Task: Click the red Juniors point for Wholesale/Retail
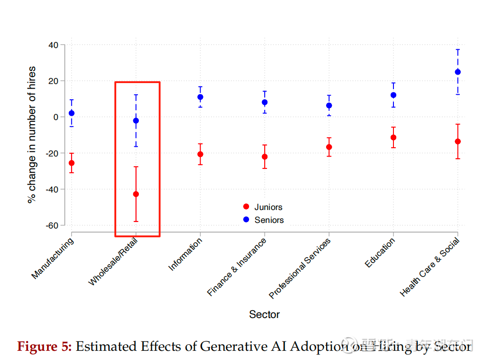click(x=136, y=194)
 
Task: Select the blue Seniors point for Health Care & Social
click(x=458, y=72)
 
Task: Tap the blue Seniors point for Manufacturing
click(x=71, y=113)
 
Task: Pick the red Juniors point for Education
click(x=393, y=138)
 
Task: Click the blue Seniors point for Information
click(x=200, y=97)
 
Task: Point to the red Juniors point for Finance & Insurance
click(x=265, y=157)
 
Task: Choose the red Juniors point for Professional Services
click(x=329, y=147)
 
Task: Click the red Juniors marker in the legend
click(x=246, y=207)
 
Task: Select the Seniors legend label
click(x=269, y=220)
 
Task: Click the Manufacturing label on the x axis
click(x=53, y=258)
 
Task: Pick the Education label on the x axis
click(x=380, y=253)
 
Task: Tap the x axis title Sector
click(x=264, y=315)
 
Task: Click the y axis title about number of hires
click(x=32, y=135)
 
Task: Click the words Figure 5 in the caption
click(x=44, y=347)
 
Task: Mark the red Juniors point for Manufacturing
click(x=71, y=163)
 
